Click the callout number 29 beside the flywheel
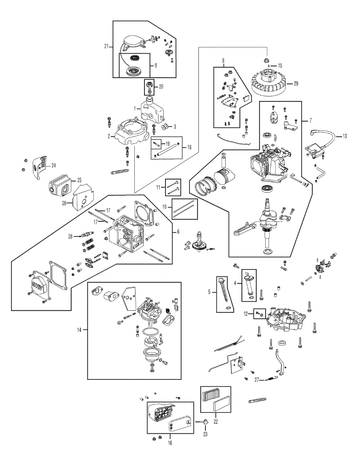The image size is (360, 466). pyautogui.click(x=296, y=83)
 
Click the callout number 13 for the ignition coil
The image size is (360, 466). pyautogui.click(x=345, y=136)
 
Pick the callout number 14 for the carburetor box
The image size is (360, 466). pyautogui.click(x=79, y=330)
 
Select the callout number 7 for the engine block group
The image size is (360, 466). pyautogui.click(x=311, y=120)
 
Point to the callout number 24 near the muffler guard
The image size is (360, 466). pyautogui.click(x=54, y=165)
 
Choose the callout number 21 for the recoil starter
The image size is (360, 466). pyautogui.click(x=106, y=46)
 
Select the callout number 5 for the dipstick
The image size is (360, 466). pyautogui.click(x=209, y=292)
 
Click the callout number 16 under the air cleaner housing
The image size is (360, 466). pyautogui.click(x=170, y=443)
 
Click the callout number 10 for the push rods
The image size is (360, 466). pyautogui.click(x=164, y=207)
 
